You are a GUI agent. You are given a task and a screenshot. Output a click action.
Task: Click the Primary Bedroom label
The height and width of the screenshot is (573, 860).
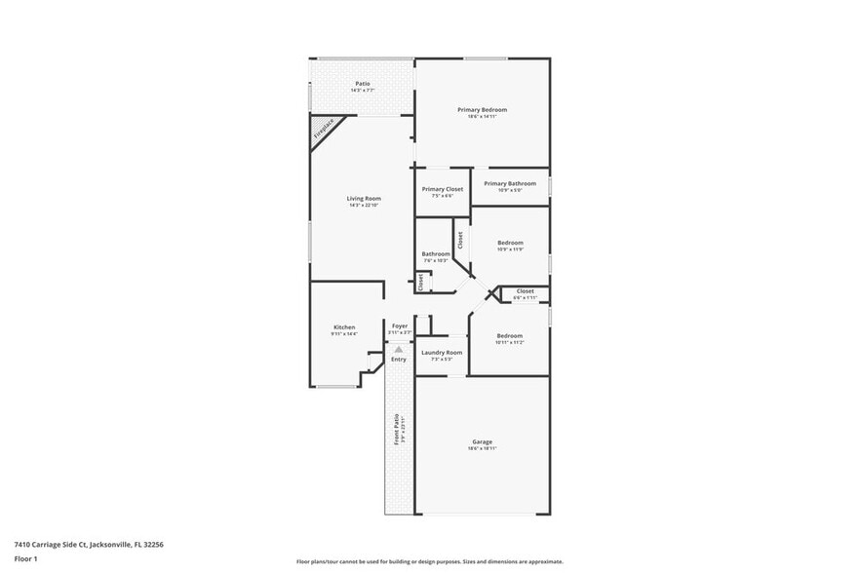pyautogui.click(x=482, y=110)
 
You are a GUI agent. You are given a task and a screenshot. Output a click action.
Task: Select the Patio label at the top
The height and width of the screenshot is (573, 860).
pyautogui.click(x=362, y=84)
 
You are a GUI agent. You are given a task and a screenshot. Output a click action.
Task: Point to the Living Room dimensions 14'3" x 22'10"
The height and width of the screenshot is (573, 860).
pyautogui.click(x=364, y=206)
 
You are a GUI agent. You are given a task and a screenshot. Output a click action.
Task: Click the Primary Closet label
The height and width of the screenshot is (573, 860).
pyautogui.click(x=442, y=189)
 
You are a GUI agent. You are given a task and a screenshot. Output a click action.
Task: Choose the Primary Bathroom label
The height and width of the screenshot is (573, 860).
pyautogui.click(x=510, y=183)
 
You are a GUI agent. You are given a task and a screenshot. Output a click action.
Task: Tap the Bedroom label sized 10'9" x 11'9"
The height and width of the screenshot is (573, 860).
pyautogui.click(x=510, y=243)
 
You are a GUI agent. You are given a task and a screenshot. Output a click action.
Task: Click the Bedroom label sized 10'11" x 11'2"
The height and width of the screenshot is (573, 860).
pyautogui.click(x=510, y=335)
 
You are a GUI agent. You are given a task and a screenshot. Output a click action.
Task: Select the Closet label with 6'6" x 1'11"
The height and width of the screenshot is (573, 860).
pyautogui.click(x=525, y=290)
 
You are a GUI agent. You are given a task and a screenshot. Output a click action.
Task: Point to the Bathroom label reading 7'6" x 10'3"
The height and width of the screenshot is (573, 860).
pyautogui.click(x=435, y=254)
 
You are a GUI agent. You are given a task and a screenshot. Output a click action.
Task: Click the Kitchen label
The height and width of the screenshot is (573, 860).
pyautogui.click(x=344, y=326)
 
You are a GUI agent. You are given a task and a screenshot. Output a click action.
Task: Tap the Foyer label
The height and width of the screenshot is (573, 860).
pyautogui.click(x=400, y=325)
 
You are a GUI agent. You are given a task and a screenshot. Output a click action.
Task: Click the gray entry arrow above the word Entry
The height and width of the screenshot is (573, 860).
pyautogui.click(x=398, y=349)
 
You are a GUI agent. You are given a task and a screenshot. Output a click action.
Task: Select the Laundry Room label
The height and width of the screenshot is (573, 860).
pyautogui.click(x=442, y=352)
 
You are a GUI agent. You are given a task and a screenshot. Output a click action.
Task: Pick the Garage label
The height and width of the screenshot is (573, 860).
pyautogui.click(x=482, y=441)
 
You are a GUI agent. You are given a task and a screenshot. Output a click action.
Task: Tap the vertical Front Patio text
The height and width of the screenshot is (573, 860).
pyautogui.click(x=396, y=430)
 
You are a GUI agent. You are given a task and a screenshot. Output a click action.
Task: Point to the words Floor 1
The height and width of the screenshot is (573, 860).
pyautogui.click(x=25, y=558)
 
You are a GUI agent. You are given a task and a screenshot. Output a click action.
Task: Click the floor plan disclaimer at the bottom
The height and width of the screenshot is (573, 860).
pyautogui.click(x=429, y=561)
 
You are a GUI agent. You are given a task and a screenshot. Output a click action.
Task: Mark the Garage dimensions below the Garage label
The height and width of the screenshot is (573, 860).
pyautogui.click(x=482, y=448)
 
